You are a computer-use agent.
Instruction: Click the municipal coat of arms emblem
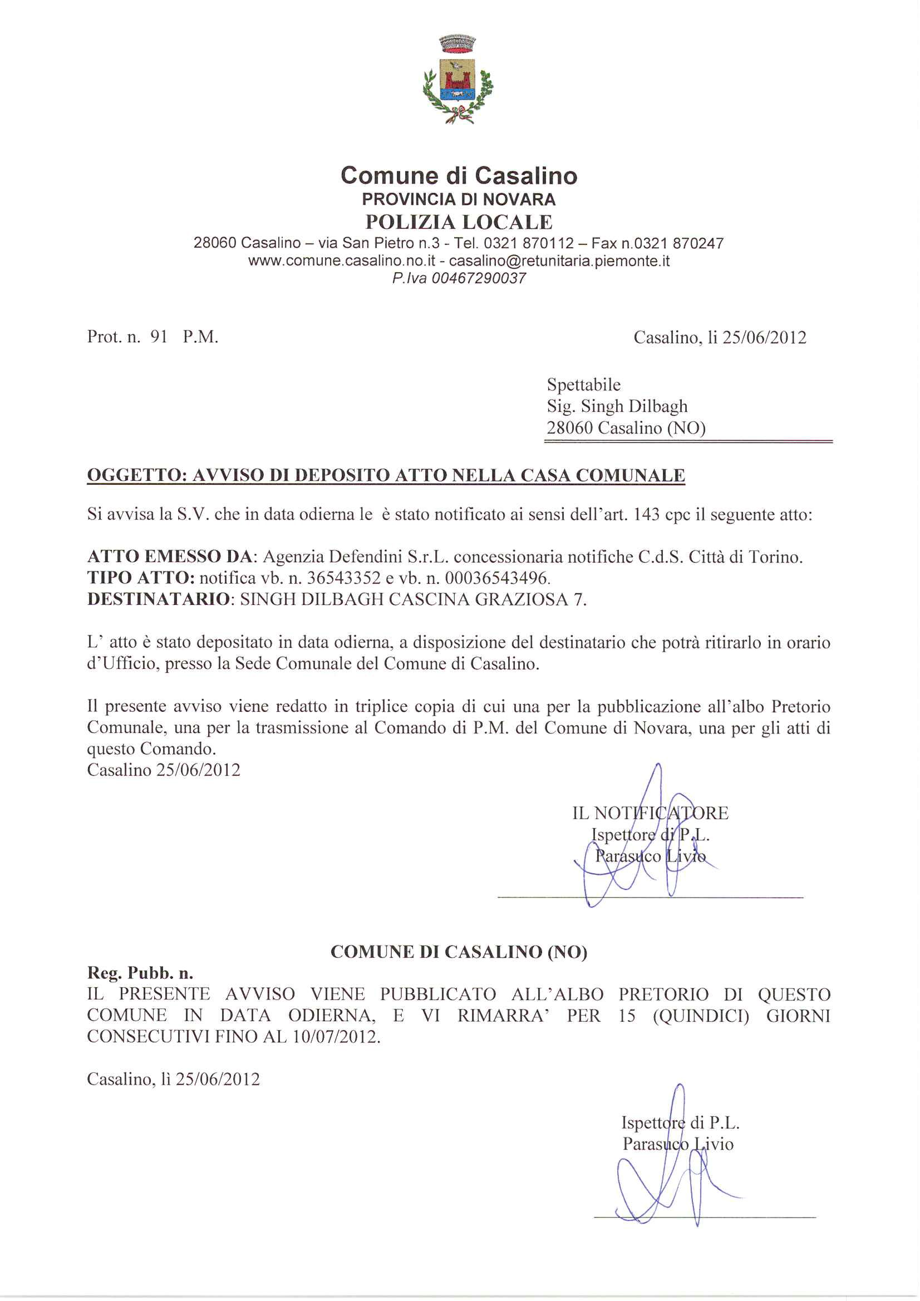click(x=458, y=80)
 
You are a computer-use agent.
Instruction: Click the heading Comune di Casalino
click(x=459, y=176)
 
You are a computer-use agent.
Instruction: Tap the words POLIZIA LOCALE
click(x=459, y=221)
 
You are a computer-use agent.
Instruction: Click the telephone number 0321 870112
click(x=529, y=243)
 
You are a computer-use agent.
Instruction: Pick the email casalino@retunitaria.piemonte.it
click(x=559, y=260)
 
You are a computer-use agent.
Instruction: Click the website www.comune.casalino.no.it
click(x=341, y=260)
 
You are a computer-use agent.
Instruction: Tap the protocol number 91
click(x=159, y=337)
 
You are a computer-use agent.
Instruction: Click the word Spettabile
click(x=583, y=385)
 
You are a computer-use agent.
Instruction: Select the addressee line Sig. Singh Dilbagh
click(x=617, y=406)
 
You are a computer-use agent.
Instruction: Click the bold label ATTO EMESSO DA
click(x=170, y=557)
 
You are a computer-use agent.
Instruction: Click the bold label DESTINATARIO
click(x=159, y=599)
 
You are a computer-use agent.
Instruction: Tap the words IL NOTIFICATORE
click(x=650, y=813)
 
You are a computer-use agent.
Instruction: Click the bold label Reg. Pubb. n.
click(x=140, y=973)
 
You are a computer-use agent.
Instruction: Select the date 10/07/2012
click(x=335, y=1036)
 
